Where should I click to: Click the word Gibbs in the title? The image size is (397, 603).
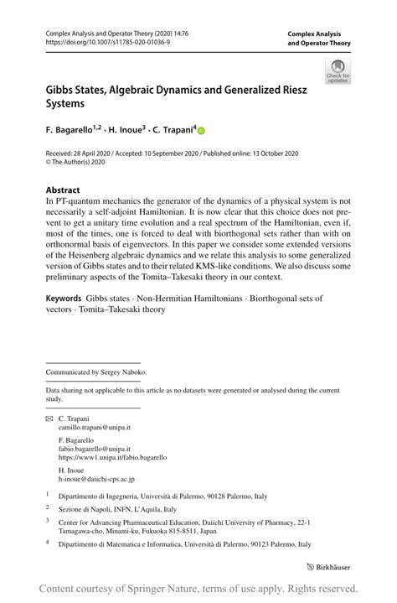[64, 90]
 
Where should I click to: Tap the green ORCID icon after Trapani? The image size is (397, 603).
[201, 131]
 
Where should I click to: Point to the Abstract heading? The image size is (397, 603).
[63, 190]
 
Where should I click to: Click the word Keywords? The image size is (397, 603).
[64, 298]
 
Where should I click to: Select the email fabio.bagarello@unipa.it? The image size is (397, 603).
[93, 449]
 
